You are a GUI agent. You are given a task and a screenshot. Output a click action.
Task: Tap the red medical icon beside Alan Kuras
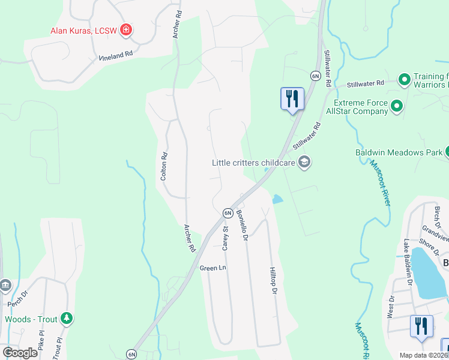click(126, 29)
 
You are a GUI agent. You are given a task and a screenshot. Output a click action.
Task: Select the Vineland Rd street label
click(115, 56)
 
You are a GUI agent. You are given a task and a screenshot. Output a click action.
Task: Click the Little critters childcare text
click(254, 162)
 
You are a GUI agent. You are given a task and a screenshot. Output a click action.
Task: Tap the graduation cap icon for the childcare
click(304, 162)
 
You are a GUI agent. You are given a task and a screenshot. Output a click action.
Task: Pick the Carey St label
click(226, 238)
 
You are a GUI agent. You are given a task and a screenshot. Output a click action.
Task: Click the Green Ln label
click(212, 268)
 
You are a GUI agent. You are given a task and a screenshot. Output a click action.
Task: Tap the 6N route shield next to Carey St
click(228, 213)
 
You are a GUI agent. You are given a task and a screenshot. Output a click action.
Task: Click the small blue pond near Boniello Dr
click(277, 199)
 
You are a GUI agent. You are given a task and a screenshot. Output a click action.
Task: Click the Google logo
click(20, 353)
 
